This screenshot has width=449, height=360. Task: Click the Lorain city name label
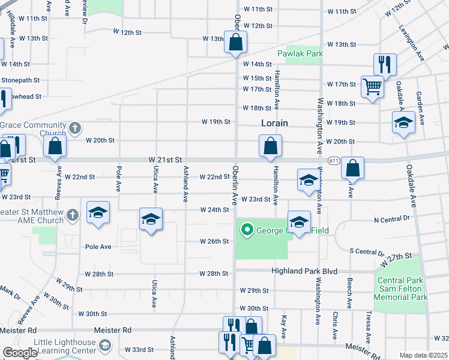coord(275,123)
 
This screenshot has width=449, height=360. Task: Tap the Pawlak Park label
coord(300,53)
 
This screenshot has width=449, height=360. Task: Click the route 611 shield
coord(334,160)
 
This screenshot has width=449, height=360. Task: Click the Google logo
coord(20,353)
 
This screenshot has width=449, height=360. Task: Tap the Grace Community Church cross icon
coord(74,128)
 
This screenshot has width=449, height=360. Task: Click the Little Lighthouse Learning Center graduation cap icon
coord(105,345)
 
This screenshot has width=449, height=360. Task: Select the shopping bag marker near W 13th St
coord(236,43)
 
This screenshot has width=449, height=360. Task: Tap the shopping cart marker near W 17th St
coord(372,87)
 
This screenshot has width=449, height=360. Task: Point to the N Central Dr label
coord(391,219)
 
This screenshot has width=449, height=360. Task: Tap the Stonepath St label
coord(20,80)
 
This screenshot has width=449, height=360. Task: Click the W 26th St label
coord(215,242)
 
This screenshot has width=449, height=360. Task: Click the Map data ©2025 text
coord(423,355)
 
